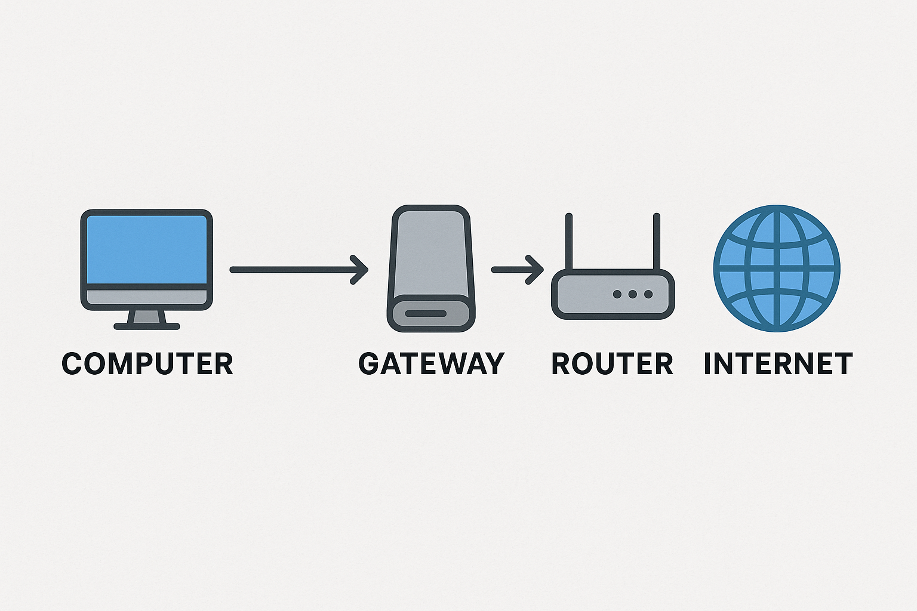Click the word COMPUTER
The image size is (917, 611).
coord(147,364)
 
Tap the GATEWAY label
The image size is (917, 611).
coord(431,364)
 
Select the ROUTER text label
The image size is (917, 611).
coord(612,364)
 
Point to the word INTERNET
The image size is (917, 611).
coord(778,364)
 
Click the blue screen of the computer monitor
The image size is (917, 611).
coord(147,249)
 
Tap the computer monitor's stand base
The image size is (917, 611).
coord(147,326)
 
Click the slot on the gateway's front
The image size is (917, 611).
coord(426,313)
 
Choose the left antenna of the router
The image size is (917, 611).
coord(569,242)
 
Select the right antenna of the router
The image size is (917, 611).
coord(657,242)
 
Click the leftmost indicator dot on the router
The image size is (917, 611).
coord(617,294)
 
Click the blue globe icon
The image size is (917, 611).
coord(777,269)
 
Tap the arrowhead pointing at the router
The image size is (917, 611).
coord(534,270)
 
